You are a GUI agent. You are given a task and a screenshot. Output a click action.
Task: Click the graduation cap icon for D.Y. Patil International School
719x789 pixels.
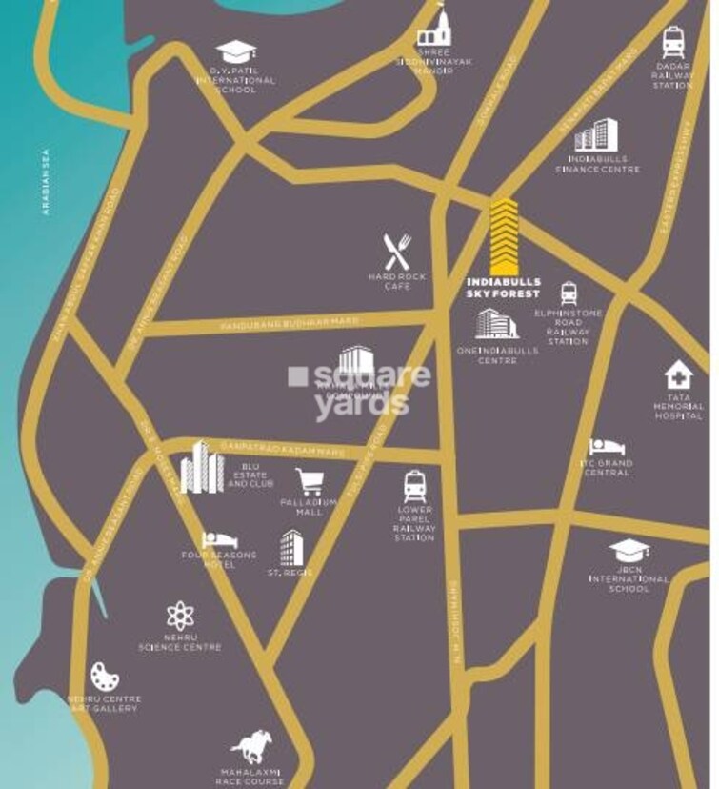click(232, 51)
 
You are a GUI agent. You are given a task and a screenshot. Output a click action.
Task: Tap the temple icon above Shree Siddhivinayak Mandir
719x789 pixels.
click(432, 30)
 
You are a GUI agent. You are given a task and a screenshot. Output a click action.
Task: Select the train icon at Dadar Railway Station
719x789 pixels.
click(673, 44)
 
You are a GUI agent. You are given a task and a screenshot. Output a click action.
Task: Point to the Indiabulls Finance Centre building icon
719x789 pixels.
click(597, 134)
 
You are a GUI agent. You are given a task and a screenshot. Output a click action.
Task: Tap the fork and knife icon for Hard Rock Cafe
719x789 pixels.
click(397, 252)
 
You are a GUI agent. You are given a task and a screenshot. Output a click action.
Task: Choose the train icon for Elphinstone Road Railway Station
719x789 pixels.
click(569, 293)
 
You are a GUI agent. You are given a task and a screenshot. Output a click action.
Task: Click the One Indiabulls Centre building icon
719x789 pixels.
click(495, 324)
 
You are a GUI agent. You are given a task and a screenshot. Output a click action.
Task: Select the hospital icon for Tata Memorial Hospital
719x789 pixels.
click(678, 374)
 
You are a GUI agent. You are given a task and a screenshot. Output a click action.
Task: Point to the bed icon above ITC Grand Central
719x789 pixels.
click(607, 446)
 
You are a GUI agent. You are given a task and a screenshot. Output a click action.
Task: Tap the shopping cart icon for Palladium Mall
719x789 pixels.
click(308, 480)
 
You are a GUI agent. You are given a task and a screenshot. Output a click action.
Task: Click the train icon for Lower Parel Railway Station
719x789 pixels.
click(414, 486)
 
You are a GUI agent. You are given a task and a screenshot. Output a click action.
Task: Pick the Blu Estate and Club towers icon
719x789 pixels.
click(202, 467)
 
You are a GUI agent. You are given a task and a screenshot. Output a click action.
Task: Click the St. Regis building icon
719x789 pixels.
click(290, 547)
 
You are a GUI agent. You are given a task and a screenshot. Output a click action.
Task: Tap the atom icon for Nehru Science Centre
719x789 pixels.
click(180, 616)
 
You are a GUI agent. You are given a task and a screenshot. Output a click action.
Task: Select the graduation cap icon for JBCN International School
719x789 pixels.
click(629, 550)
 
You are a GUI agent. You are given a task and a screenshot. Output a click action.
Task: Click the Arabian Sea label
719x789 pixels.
click(45, 181)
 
